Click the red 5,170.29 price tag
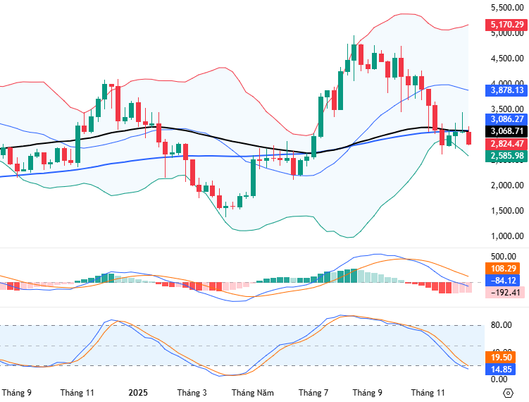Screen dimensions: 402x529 tap(505, 25)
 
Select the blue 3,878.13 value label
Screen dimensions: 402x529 tap(505, 90)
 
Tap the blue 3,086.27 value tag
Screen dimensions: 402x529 tap(505, 119)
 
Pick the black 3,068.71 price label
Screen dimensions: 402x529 tap(505, 131)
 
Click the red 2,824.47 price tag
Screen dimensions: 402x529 tap(505, 144)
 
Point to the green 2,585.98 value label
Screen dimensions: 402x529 tap(505, 156)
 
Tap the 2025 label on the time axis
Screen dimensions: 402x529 tap(137, 392)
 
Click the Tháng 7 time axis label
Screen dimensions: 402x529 tap(313, 392)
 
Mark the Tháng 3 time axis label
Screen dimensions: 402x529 tap(192, 392)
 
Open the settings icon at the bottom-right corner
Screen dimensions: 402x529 tap(507, 392)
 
